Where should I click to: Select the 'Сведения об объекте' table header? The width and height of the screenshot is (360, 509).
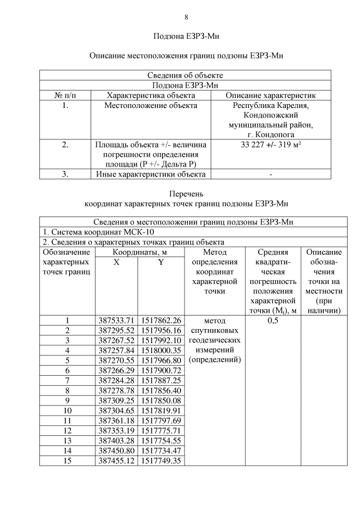(185, 75)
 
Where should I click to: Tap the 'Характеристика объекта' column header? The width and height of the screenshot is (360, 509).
(151, 95)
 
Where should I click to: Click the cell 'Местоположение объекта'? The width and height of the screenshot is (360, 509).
(151, 105)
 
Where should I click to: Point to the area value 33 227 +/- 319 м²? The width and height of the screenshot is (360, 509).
(271, 145)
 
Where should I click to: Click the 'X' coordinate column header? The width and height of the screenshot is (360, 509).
(116, 262)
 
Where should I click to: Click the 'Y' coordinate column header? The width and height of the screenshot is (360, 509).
(161, 262)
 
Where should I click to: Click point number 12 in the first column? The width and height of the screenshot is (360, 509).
(67, 430)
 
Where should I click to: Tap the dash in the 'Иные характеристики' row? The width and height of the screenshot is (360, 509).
(271, 174)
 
